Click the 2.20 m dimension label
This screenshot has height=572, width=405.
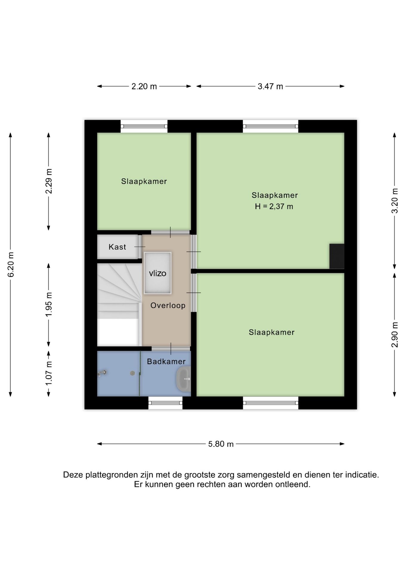144,86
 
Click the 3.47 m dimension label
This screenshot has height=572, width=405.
270,86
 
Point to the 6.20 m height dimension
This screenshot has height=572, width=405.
11,265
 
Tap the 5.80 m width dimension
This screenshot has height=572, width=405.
221,444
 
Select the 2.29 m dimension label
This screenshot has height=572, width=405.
49,181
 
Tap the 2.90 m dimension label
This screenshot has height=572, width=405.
395,335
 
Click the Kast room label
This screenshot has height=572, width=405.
117,247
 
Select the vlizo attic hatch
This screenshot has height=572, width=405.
157,273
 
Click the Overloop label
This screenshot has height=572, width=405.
168,305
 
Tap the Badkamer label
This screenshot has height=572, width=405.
166,361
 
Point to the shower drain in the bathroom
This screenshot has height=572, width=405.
132,373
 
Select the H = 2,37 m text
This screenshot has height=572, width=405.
274,206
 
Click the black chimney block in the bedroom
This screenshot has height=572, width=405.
337,256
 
